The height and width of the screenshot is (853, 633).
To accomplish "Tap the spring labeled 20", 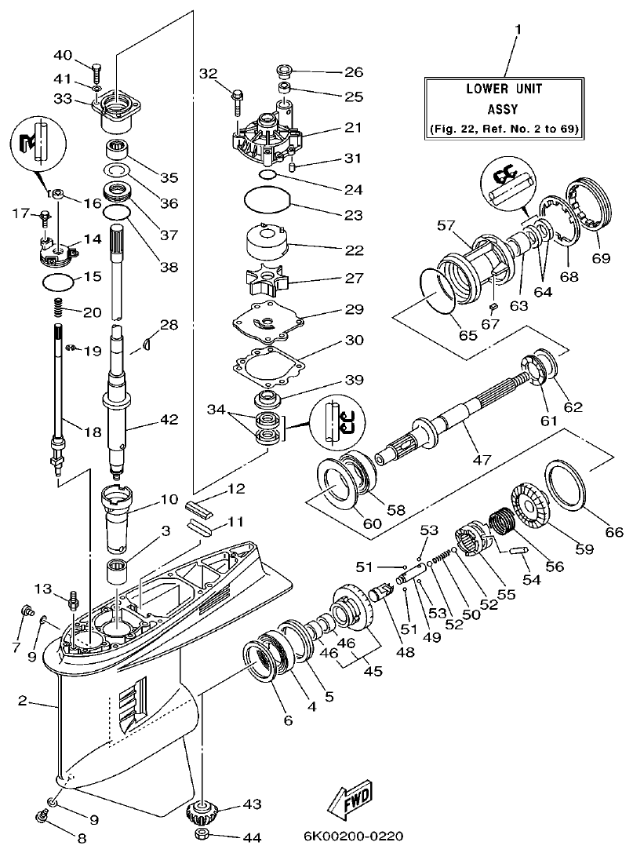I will (57, 308).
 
